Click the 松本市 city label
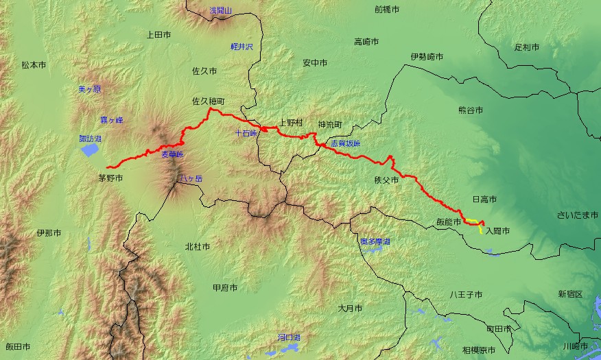(x=34, y=65)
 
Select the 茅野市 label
(x=110, y=178)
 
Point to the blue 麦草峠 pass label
(x=172, y=155)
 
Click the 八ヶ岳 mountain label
(x=189, y=179)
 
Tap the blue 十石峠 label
(x=245, y=133)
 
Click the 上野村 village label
(x=290, y=124)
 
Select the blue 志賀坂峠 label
(x=345, y=144)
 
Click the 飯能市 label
(x=449, y=221)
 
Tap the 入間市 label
(x=497, y=232)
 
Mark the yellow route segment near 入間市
(x=478, y=227)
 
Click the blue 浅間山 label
(x=222, y=10)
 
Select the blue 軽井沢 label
(x=242, y=47)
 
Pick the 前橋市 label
(x=387, y=10)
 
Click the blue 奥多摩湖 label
(x=375, y=242)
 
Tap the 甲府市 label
(x=225, y=287)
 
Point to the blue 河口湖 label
(x=290, y=337)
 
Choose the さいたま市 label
(x=578, y=215)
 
